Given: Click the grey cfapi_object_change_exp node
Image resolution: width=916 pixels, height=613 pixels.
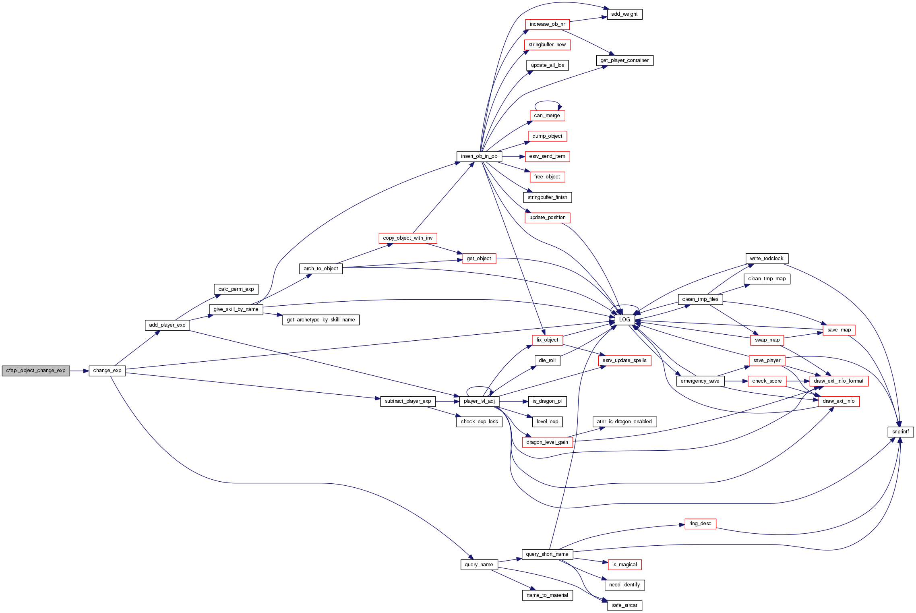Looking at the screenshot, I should [36, 371].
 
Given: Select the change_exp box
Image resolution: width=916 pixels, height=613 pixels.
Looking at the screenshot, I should [107, 371].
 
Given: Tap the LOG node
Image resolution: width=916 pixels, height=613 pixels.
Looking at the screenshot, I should [624, 319].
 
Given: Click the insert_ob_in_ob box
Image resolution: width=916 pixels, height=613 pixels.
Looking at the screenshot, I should [479, 156].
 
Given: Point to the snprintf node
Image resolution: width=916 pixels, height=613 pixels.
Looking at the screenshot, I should [900, 432].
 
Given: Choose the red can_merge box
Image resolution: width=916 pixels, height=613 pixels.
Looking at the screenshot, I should [547, 116].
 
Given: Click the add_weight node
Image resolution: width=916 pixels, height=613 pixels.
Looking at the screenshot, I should [624, 14].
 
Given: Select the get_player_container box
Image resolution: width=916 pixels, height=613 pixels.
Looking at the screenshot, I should [624, 60].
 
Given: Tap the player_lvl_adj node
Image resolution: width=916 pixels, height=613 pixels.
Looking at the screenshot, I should [479, 401].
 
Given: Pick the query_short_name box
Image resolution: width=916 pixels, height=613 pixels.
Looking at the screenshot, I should [547, 554].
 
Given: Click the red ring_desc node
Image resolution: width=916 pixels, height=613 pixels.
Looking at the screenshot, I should [700, 524].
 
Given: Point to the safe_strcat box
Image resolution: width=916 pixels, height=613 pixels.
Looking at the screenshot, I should [624, 605].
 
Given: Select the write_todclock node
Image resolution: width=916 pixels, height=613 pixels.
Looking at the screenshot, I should [767, 259].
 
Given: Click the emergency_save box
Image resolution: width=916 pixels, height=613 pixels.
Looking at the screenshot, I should [700, 381].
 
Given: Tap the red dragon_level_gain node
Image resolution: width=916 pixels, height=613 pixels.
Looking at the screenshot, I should [547, 442].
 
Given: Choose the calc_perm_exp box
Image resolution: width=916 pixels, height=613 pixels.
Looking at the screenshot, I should [236, 289].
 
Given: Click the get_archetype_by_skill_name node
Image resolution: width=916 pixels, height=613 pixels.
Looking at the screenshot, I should [321, 320].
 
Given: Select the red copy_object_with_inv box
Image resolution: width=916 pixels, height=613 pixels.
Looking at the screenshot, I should [407, 238].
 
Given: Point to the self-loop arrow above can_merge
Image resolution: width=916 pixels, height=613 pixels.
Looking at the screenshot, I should [547, 101].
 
